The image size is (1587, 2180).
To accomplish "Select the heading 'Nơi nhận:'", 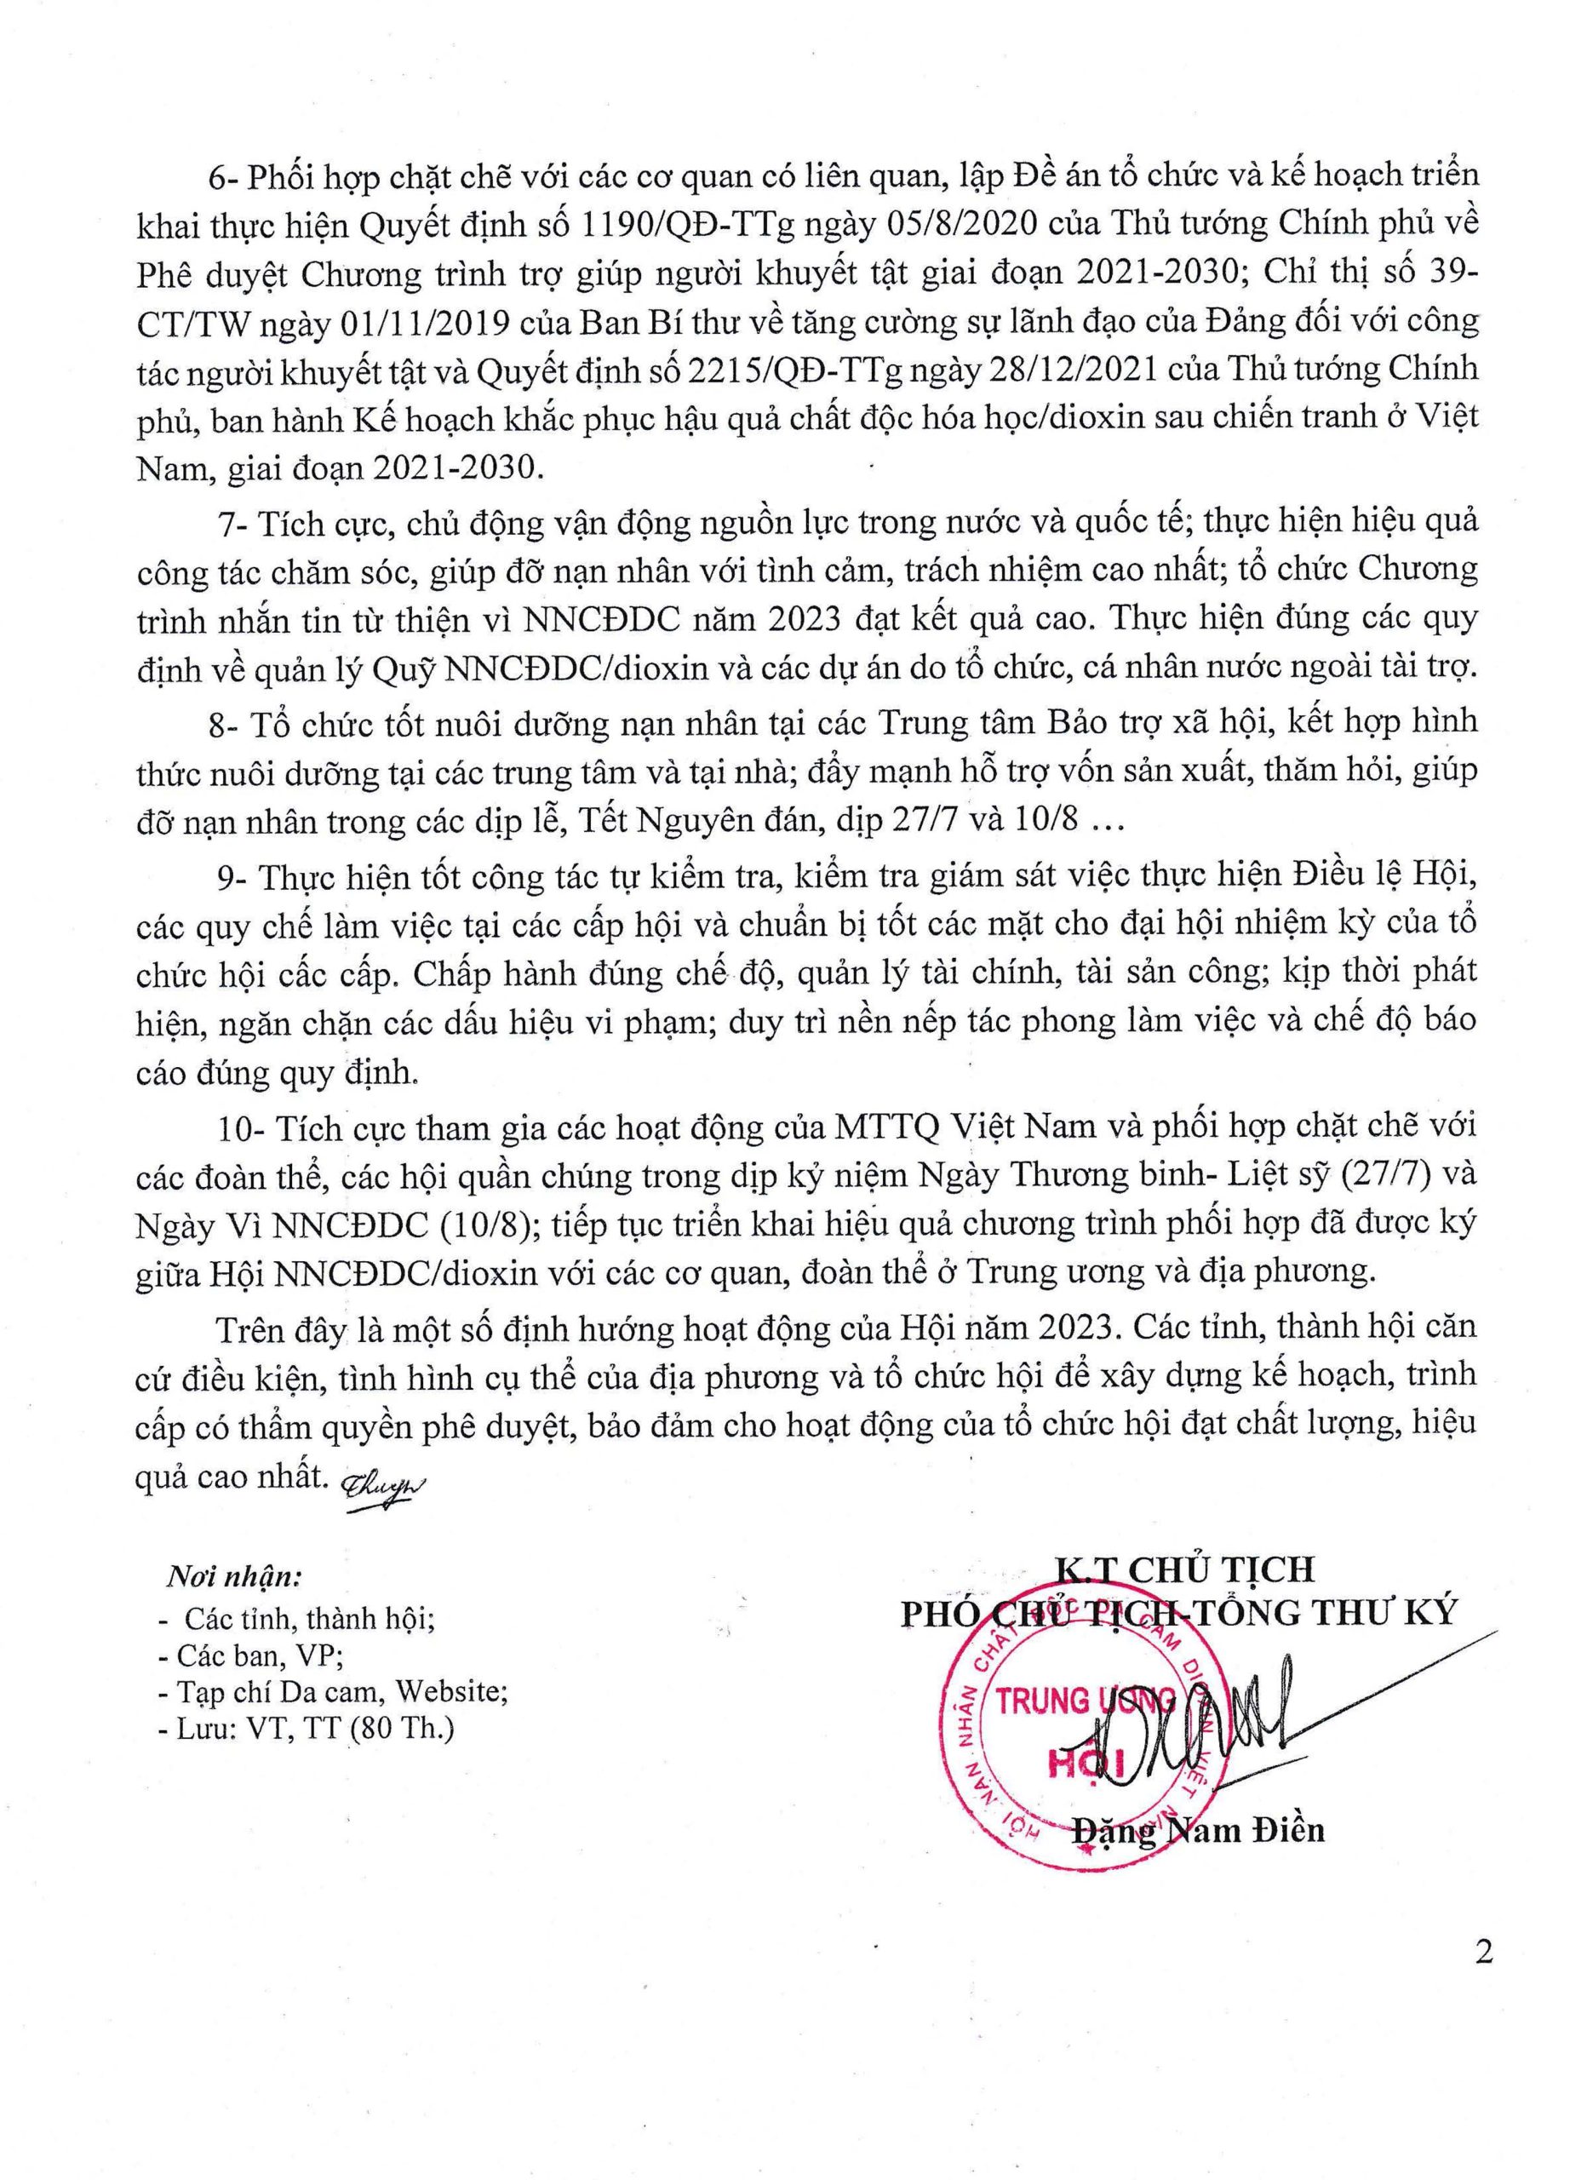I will click(236, 1577).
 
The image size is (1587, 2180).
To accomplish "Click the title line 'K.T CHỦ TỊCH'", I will click(1185, 1570).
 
